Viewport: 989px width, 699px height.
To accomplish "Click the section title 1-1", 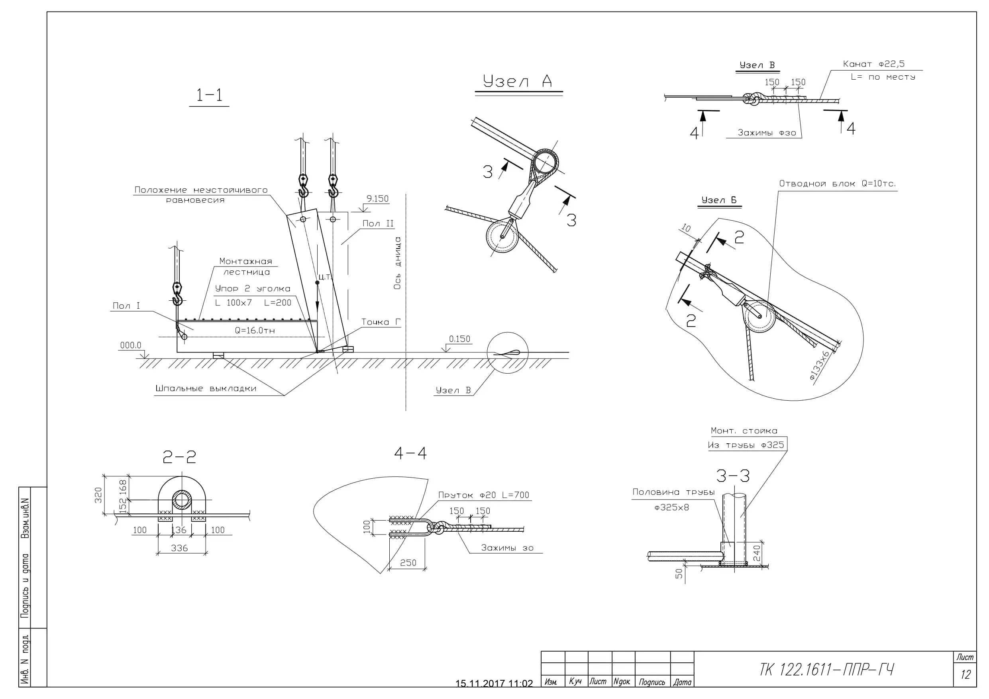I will pos(209,95).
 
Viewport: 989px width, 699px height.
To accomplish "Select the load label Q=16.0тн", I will pos(255,330).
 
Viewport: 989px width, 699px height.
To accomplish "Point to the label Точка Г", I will pos(381,322).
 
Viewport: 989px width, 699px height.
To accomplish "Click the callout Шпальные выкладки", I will pos(206,388).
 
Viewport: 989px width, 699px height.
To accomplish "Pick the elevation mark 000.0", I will pos(131,345).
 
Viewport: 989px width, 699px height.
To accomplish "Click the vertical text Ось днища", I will pos(397,263).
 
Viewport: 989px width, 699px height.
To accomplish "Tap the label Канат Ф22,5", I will pos(873,64).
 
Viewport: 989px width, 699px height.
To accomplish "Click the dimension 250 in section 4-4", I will pos(408,563).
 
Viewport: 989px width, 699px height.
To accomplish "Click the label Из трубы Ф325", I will pos(746,445).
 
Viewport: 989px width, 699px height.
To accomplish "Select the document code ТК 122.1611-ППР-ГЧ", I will pos(826,670).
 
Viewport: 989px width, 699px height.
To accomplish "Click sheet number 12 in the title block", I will pos(965,674).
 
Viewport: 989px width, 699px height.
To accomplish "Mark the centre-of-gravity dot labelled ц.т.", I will pos(318,282).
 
